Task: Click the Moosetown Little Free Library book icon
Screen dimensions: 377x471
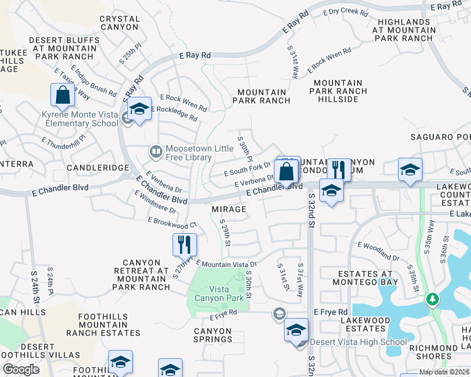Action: point(155,151)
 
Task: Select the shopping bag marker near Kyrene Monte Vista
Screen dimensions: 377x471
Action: point(63,96)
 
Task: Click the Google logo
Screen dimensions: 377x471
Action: point(20,369)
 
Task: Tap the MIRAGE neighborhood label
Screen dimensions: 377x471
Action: point(229,209)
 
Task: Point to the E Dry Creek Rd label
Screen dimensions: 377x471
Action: point(345,11)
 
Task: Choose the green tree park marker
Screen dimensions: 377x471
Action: point(433,299)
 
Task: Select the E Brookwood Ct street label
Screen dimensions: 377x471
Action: point(173,222)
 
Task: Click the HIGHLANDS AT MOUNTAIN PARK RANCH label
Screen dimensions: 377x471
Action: point(404,30)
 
